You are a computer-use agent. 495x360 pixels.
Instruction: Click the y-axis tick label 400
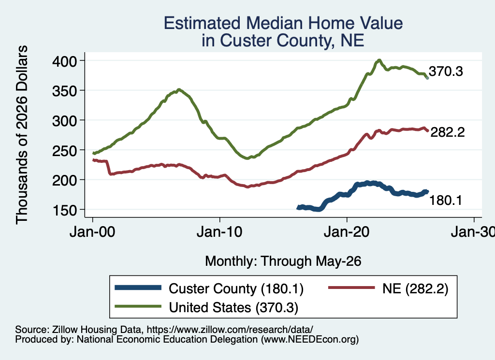(64, 61)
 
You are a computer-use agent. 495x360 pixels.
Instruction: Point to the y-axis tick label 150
(64, 211)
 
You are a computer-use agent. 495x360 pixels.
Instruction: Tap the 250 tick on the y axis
(64, 151)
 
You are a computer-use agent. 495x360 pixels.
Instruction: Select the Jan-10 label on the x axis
(219, 232)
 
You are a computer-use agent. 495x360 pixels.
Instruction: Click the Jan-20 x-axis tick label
(347, 232)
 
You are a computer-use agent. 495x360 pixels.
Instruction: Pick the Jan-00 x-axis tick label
(92, 232)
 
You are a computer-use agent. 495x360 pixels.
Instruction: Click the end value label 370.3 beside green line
(446, 72)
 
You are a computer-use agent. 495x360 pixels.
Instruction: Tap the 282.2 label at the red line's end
(448, 132)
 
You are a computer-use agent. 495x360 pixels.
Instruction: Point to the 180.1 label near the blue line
(446, 201)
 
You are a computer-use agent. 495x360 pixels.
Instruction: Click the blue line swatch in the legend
(138, 288)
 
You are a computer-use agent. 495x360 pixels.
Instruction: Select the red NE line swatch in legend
(351, 288)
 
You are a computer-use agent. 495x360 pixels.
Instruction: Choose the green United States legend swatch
(138, 306)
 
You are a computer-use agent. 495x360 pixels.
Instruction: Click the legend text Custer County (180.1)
(236, 288)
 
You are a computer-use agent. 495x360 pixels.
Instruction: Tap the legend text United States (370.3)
(233, 308)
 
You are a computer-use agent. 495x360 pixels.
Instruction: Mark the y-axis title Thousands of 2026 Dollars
(22, 135)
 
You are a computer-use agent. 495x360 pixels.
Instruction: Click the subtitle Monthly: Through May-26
(283, 261)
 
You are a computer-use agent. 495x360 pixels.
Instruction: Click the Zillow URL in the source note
(230, 330)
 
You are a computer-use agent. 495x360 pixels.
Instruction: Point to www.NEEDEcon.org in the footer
(310, 340)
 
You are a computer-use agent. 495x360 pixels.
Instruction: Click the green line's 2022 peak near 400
(379, 60)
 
